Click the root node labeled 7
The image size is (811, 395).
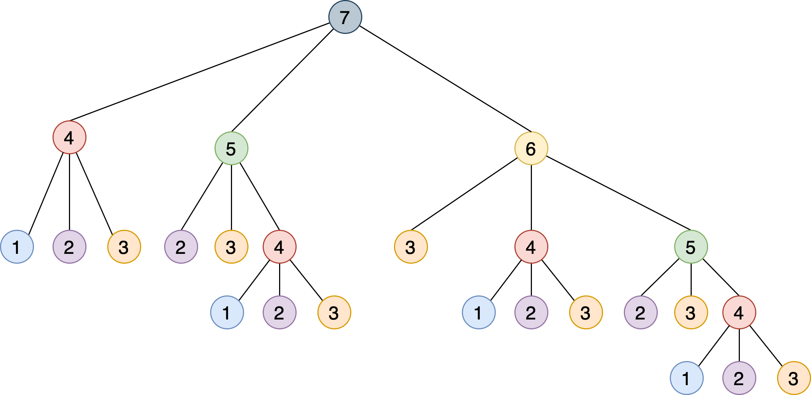[x=345, y=17]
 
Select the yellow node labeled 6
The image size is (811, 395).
[x=531, y=148]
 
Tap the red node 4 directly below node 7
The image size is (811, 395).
[x=69, y=138]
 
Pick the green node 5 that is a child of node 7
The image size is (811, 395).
[x=231, y=148]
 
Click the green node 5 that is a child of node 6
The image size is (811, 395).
[x=691, y=247]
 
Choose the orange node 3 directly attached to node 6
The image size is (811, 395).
[x=411, y=247]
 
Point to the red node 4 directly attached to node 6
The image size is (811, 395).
[x=531, y=247]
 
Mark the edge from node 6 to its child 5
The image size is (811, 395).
[x=618, y=193]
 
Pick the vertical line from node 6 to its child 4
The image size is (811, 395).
[x=531, y=197]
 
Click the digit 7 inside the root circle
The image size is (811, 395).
[x=345, y=18]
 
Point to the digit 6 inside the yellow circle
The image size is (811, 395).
[x=531, y=149]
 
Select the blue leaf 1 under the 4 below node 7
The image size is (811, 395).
[x=17, y=247]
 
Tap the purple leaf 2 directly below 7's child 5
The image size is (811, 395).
[x=181, y=247]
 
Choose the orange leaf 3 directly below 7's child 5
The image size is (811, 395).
[x=231, y=247]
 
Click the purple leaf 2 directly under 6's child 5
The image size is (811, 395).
[x=641, y=313]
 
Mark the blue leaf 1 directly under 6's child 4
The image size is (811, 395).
[x=479, y=313]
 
